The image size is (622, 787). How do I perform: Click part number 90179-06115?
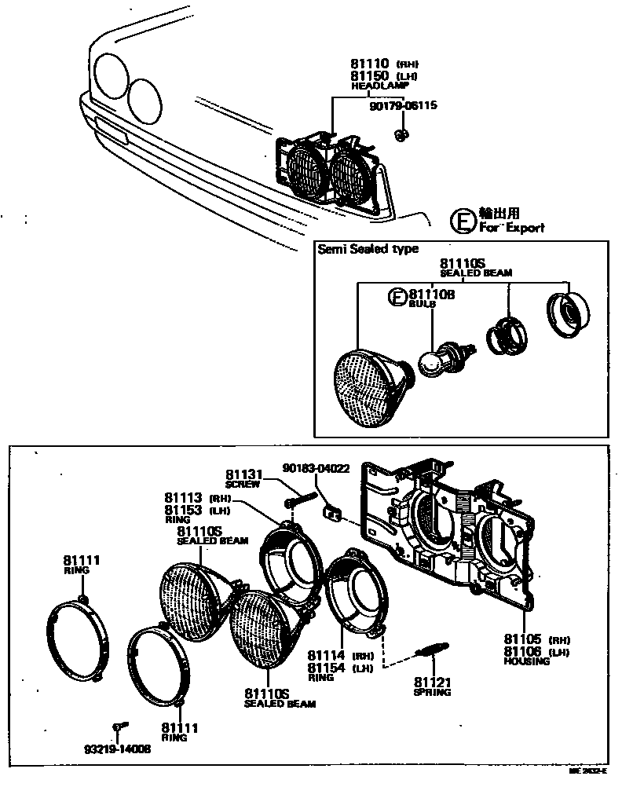(404, 104)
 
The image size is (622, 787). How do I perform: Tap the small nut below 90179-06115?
(401, 135)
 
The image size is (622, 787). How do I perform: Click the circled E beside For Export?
(463, 222)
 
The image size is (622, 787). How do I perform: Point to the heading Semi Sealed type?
(368, 249)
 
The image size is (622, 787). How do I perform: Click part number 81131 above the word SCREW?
(243, 474)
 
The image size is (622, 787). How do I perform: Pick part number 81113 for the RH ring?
(184, 497)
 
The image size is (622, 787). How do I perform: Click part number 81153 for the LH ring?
(184, 509)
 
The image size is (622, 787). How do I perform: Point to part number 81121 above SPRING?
(432, 681)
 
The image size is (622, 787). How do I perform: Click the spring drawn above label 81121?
(432, 650)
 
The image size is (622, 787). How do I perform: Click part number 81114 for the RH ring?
(326, 655)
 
